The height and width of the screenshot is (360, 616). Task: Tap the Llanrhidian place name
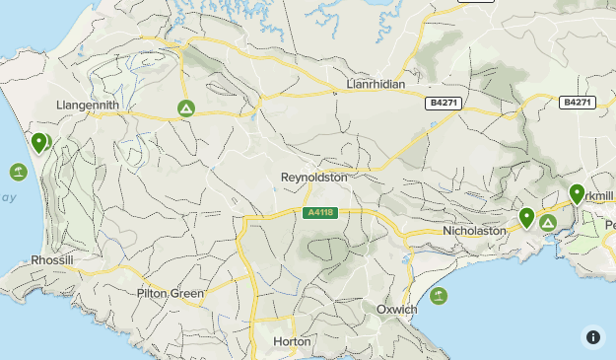(376, 85)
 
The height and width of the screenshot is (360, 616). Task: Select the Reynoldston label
(314, 177)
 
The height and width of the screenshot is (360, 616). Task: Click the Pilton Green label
(171, 293)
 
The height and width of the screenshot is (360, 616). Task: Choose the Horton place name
(292, 341)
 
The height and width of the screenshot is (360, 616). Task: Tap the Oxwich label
(397, 309)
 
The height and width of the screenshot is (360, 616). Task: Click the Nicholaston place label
(473, 230)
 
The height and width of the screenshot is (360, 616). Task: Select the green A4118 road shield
(321, 212)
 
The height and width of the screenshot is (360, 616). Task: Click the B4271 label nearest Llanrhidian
(444, 103)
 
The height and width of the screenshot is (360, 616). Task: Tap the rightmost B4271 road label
(578, 103)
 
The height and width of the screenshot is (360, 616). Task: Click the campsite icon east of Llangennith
(184, 108)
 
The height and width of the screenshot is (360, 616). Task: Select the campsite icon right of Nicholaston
(547, 223)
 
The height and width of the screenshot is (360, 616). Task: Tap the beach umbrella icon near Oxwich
(439, 295)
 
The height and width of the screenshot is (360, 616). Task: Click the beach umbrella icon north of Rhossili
(18, 173)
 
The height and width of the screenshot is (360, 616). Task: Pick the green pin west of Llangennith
(38, 144)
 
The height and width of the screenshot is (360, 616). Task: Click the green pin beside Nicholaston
(527, 217)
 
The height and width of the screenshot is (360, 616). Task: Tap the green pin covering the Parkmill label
(577, 194)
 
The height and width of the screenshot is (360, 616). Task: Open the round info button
(593, 337)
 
